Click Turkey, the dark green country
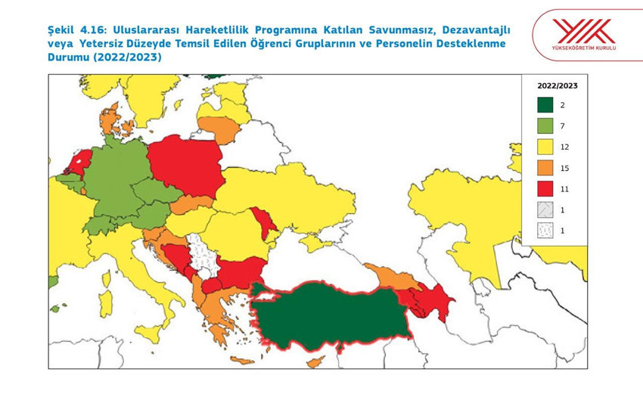click(x=333, y=314)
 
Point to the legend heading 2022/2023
click(x=553, y=86)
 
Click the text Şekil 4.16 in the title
click(x=73, y=29)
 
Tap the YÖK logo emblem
click(x=583, y=31)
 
